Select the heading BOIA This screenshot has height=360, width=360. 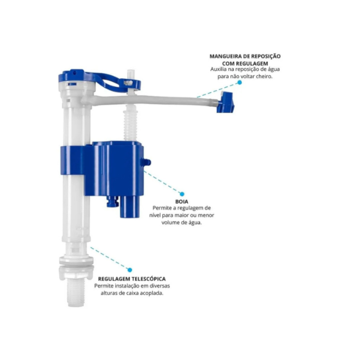coord(182,202)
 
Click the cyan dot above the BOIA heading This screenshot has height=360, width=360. coord(182,194)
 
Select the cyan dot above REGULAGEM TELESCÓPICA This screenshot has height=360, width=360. coord(130,270)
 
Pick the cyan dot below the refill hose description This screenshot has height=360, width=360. coord(240,83)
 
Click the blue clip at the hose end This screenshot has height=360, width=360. coord(226,102)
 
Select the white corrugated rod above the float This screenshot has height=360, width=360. coord(131,124)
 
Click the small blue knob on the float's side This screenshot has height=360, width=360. coord(146,162)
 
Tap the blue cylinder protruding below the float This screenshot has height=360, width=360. coord(130,207)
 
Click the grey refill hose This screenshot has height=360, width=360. coord(151,101)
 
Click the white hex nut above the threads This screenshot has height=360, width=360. coord(76,273)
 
